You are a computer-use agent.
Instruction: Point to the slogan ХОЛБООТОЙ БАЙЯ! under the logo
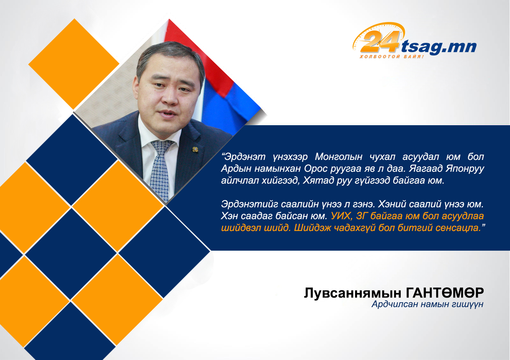pos(392,56)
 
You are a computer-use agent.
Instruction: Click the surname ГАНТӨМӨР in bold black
pos(445,293)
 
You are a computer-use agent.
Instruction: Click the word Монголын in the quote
pos(339,156)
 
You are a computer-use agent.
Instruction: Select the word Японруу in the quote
pos(465,169)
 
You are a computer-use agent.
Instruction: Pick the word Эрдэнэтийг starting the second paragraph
pos(250,204)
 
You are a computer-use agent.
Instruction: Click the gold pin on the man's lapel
pos(195,149)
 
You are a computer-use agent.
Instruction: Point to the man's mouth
pos(168,113)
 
